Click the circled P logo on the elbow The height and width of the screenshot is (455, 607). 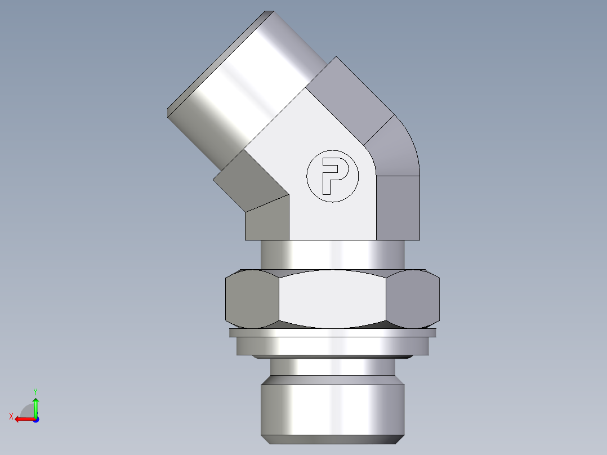click(x=332, y=176)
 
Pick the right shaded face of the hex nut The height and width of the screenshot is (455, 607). click(x=414, y=298)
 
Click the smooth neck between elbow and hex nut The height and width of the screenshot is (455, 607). click(x=332, y=255)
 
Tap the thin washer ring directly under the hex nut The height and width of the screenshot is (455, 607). click(x=332, y=333)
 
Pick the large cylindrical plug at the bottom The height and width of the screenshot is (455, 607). click(x=332, y=408)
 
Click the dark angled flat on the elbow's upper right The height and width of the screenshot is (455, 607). click(x=349, y=99)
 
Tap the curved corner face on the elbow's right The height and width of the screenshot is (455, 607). click(x=397, y=149)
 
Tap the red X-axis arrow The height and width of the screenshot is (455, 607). click(x=23, y=419)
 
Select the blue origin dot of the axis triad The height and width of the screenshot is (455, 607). click(x=35, y=419)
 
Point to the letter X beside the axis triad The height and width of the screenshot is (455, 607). click(x=11, y=416)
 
